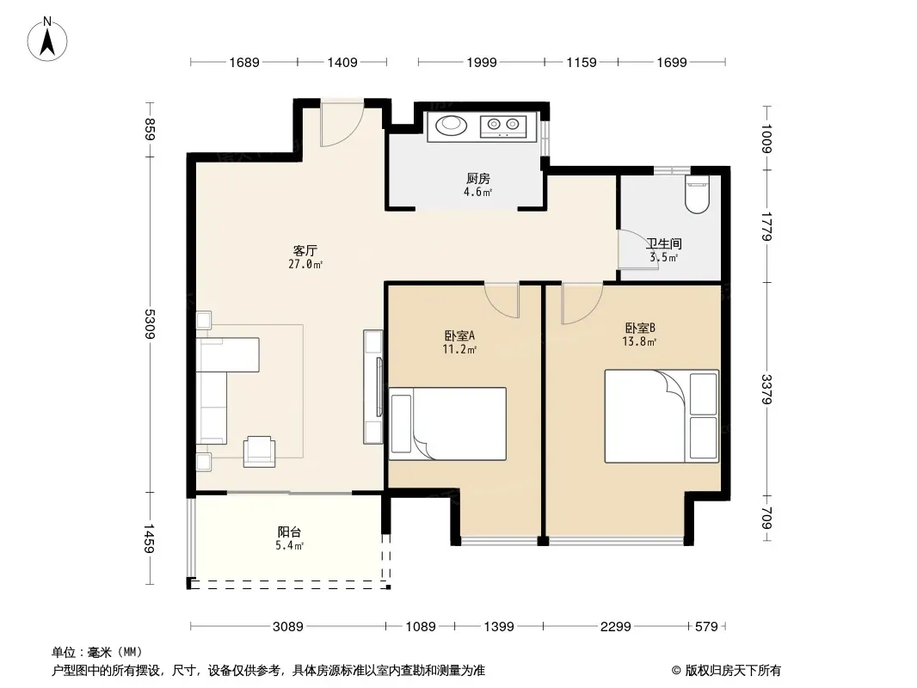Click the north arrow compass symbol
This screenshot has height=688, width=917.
47,40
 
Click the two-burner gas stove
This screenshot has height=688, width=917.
503,126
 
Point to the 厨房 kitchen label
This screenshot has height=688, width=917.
477,178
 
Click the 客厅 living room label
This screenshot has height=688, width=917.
305,251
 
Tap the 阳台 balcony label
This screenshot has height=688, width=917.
289,532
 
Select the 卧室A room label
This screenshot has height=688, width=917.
459,335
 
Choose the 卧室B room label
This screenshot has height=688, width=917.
639,328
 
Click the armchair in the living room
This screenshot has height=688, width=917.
259,451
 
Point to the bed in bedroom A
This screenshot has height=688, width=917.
447,424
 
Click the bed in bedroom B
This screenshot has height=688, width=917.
662,416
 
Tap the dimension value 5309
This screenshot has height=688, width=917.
151,324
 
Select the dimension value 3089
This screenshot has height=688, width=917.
287,627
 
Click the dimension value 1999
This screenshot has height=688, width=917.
482,63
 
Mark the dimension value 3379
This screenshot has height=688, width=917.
766,389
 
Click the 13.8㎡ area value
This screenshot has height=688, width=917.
639,342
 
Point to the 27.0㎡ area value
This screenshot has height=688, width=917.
305,264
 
